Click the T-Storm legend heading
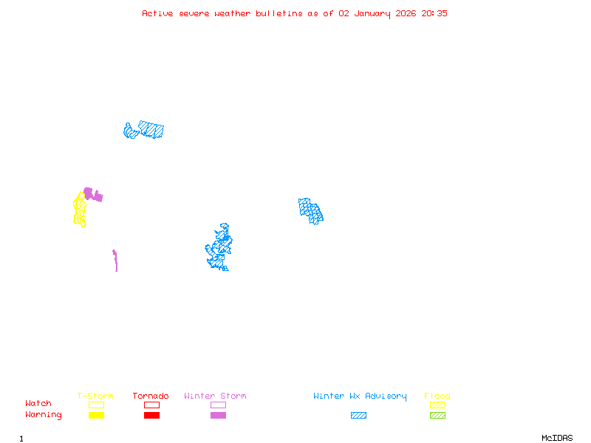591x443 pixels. (95, 396)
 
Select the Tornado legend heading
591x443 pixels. (151, 396)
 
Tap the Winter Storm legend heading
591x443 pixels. (215, 396)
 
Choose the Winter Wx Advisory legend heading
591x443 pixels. (360, 396)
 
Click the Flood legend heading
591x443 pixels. (437, 396)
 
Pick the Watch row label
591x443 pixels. (38, 404)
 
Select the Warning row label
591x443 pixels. (44, 415)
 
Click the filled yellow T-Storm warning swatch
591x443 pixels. (96, 415)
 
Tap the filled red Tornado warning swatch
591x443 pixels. (151, 415)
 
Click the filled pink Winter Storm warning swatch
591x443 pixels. (218, 415)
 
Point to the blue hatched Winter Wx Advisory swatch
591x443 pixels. (358, 415)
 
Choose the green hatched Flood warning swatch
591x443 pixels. (437, 415)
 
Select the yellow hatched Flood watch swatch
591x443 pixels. (437, 405)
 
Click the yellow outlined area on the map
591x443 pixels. (79, 210)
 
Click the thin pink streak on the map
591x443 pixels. (115, 261)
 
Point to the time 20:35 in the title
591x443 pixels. (434, 13)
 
